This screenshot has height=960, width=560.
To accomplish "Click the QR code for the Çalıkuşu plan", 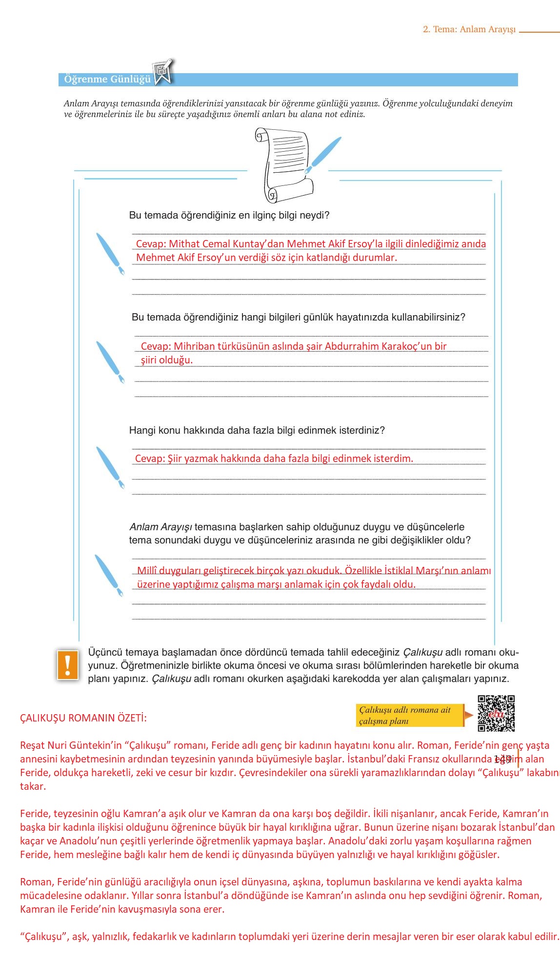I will tap(496, 713).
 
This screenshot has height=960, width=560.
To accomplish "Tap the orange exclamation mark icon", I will tap(68, 664).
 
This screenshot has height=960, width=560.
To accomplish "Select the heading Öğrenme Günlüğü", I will tap(107, 80).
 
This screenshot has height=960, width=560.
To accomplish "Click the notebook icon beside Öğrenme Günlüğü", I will tap(163, 73).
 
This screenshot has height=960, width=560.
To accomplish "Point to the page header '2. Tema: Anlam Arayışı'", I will tap(469, 29).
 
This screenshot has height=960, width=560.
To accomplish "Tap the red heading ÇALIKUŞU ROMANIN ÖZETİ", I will tap(83, 718).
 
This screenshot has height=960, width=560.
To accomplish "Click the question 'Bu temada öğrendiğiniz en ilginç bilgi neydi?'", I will tap(229, 215).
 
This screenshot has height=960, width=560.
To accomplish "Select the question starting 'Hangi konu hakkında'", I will tap(257, 430).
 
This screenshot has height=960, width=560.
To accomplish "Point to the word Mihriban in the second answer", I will tap(194, 346).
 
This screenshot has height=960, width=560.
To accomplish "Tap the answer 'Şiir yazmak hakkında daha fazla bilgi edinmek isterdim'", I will tap(274, 459).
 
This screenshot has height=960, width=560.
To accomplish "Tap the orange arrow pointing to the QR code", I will tap(468, 716).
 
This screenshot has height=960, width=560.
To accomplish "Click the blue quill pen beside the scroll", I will tap(323, 155).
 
